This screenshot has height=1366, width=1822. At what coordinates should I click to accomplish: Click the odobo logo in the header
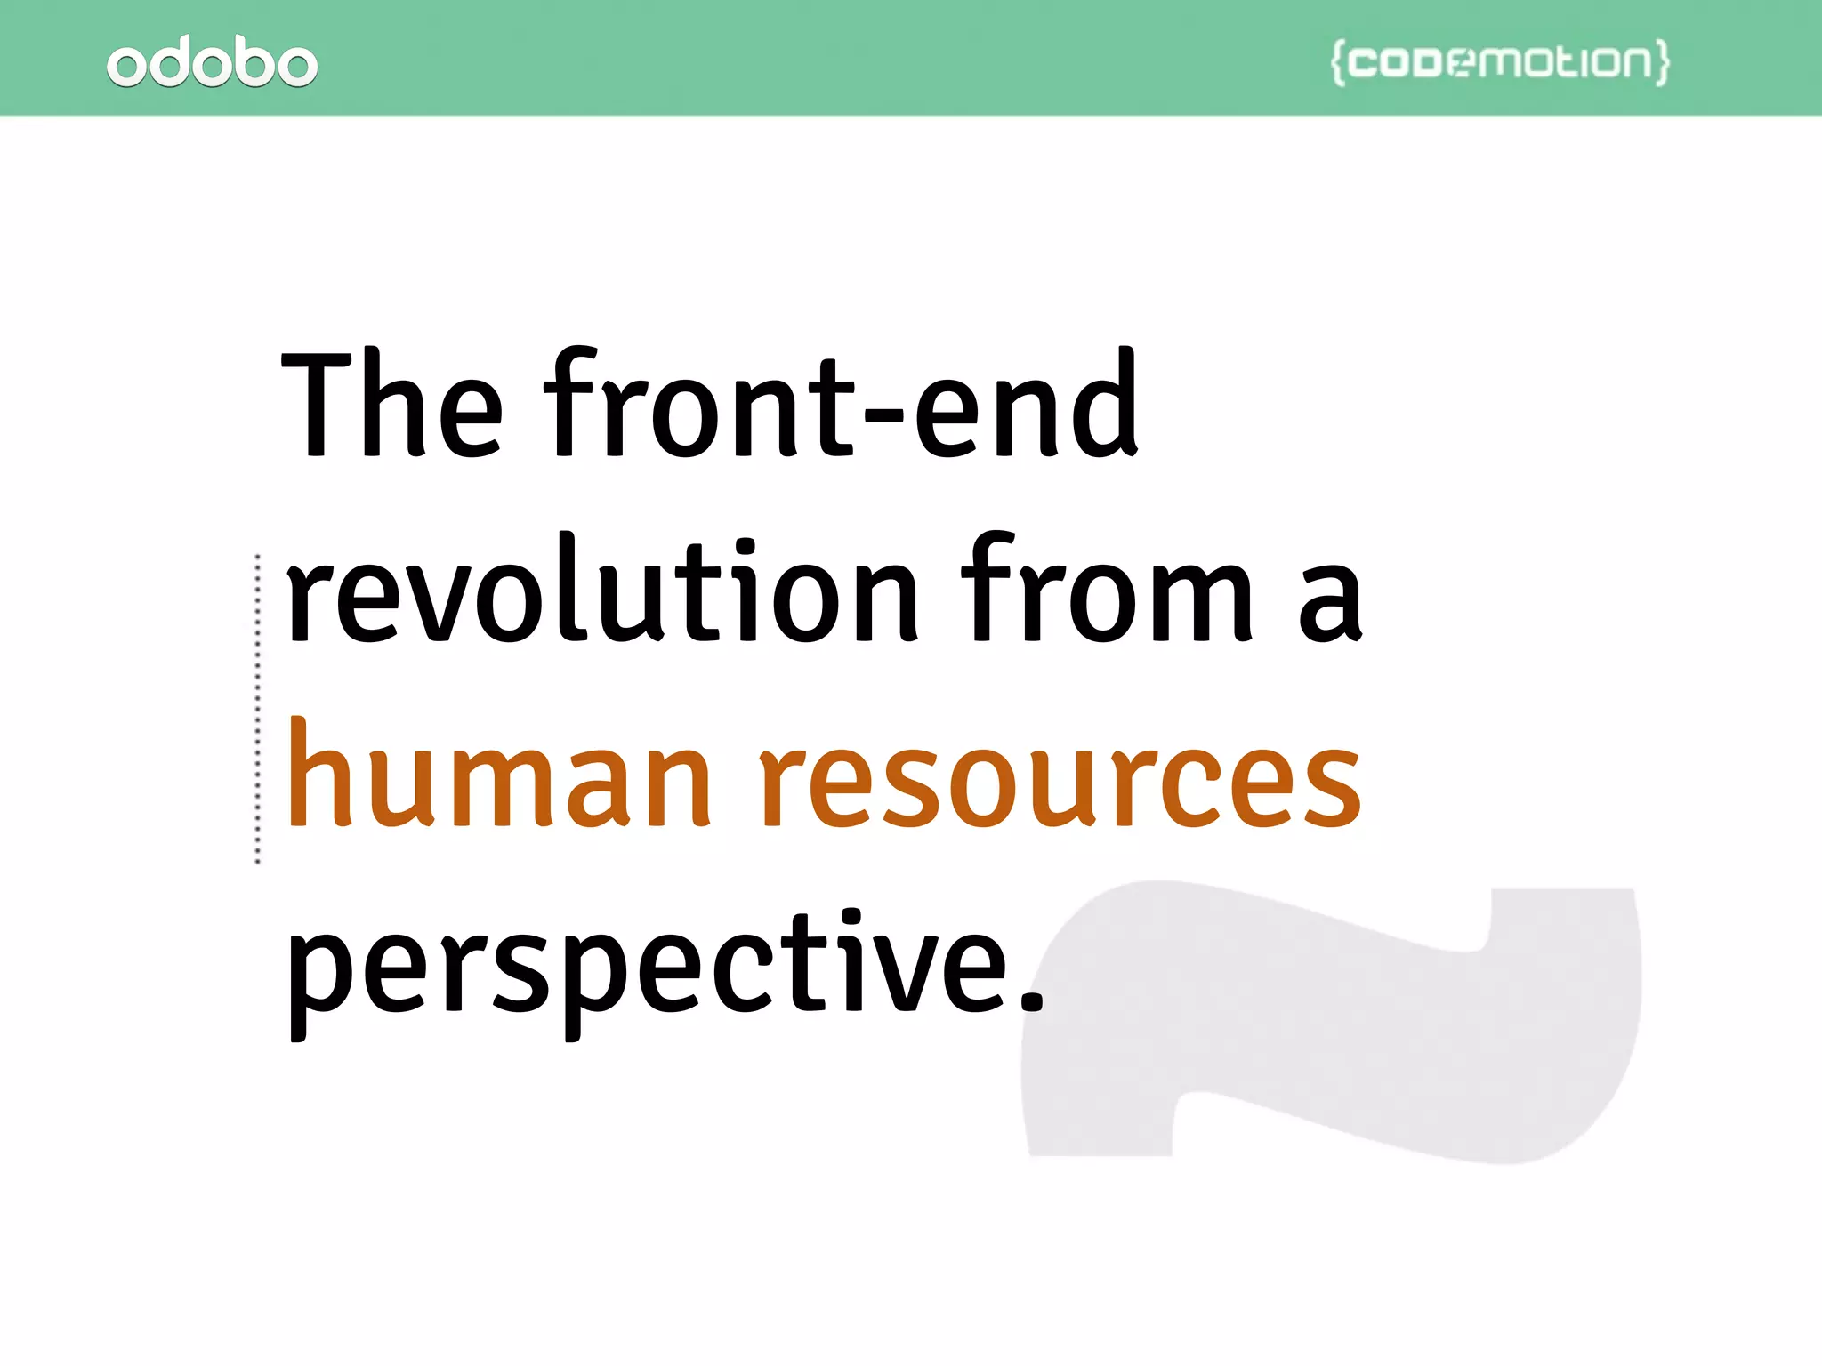(x=212, y=62)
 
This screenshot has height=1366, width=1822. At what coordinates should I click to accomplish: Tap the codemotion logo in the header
(x=1500, y=62)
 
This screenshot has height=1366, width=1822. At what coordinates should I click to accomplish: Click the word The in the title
(x=391, y=405)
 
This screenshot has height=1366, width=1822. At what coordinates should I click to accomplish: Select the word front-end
(x=841, y=405)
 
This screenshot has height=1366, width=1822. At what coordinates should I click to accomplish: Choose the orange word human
(x=498, y=774)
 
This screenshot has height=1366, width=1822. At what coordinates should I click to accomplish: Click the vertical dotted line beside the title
(x=258, y=708)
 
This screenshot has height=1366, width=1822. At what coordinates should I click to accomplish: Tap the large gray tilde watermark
(x=1334, y=1023)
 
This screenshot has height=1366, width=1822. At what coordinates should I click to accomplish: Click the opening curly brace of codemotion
(x=1337, y=62)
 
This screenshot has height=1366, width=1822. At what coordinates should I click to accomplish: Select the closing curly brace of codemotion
(x=1662, y=62)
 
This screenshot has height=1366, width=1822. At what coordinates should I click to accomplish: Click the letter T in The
(x=316, y=405)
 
